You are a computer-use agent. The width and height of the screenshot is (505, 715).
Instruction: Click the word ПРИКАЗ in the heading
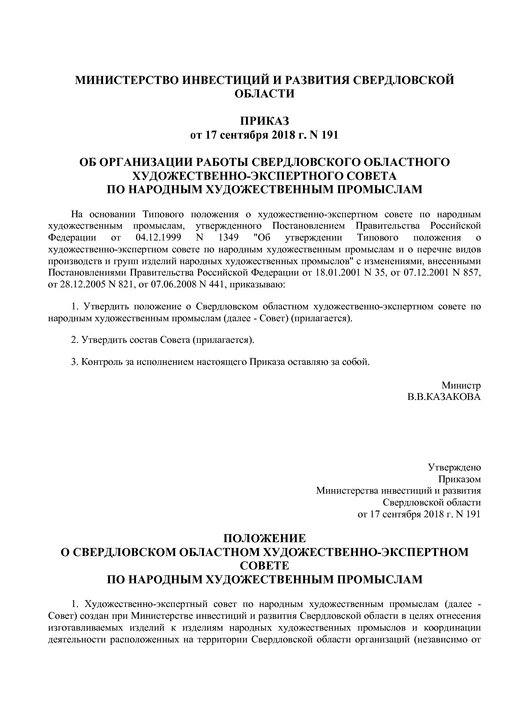coord(264,121)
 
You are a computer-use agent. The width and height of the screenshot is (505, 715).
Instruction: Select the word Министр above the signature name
coord(461,385)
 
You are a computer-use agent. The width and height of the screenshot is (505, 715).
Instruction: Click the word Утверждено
coord(454,468)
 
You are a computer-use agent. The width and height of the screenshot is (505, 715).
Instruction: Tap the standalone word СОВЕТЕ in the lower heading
coord(264,566)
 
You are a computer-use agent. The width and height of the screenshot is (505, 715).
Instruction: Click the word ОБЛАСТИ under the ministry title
coord(264,94)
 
